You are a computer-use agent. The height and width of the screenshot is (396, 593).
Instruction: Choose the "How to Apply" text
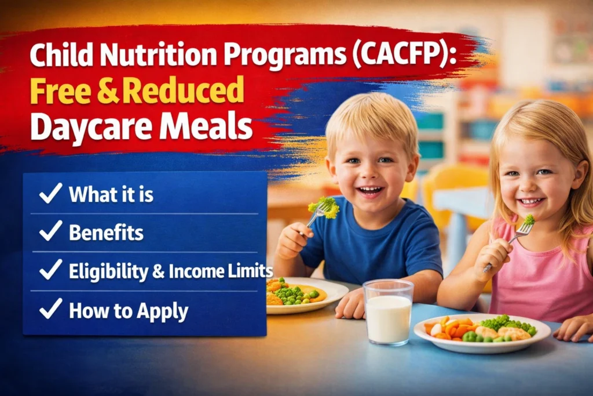[x=129, y=311]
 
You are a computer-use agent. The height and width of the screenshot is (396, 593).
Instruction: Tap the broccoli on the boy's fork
[x=324, y=206]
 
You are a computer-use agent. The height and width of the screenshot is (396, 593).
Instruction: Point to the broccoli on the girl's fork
[x=529, y=220]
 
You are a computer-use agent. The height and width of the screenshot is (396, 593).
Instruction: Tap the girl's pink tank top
[x=544, y=273]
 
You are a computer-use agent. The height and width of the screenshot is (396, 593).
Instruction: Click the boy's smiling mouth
[x=371, y=190]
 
